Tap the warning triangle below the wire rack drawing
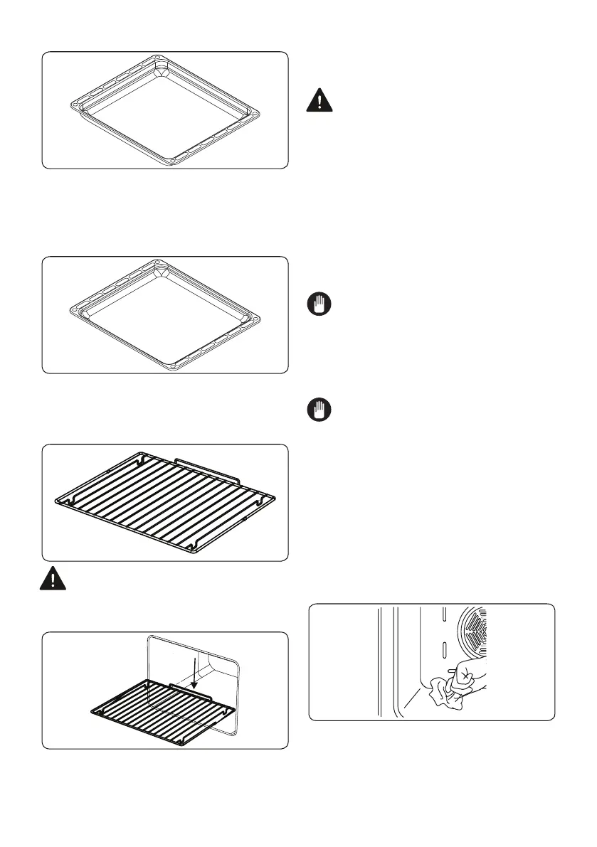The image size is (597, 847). click(x=53, y=579)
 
